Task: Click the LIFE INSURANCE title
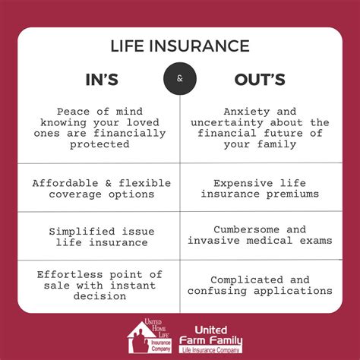180,46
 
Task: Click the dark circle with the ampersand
180,78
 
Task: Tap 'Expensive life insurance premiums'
260,188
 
